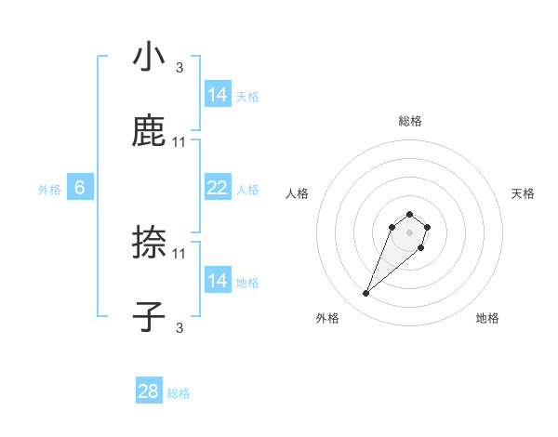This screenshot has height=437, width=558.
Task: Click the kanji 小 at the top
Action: click(149, 57)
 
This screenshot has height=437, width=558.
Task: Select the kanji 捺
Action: click(149, 243)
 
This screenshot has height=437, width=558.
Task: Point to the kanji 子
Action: click(149, 317)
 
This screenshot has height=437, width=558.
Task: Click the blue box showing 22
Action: click(217, 188)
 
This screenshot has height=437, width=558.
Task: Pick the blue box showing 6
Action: click(80, 188)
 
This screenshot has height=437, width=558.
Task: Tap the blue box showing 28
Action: click(149, 391)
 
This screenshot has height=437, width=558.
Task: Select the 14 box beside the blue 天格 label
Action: click(217, 95)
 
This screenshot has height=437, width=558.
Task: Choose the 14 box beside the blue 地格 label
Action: click(217, 281)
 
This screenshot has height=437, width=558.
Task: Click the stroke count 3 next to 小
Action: click(179, 67)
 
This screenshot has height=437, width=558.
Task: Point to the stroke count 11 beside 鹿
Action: click(179, 141)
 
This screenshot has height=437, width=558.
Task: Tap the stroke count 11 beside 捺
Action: click(179, 253)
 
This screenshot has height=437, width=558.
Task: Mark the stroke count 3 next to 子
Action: click(179, 327)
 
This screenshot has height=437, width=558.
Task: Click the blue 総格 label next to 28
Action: click(179, 393)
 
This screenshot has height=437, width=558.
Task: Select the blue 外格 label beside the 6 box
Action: click(49, 190)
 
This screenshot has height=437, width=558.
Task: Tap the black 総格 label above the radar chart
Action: click(410, 121)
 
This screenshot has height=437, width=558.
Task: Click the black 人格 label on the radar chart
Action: click(298, 193)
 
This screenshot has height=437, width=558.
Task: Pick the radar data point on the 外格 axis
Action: click(366, 294)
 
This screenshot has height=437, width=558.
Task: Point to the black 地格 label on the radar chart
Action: click(487, 318)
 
